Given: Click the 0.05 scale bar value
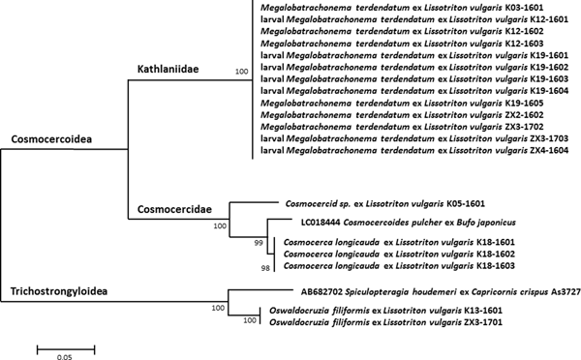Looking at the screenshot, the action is pos(66,355).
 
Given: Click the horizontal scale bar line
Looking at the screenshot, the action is pos(66,341).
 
